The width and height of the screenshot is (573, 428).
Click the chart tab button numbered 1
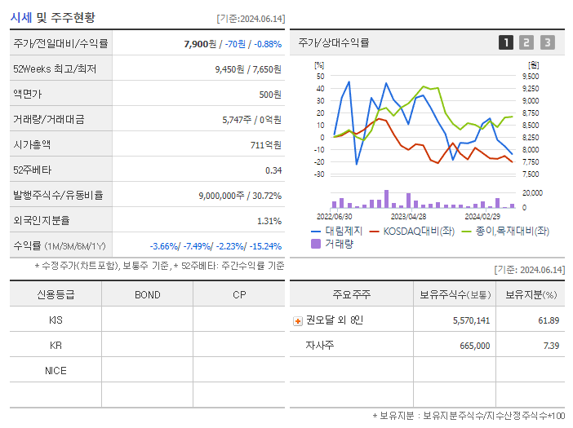coord(506,42)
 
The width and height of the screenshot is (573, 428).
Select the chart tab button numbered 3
coord(547,42)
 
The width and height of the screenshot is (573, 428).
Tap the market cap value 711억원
coord(266,144)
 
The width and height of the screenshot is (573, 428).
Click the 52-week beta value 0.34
coord(273,170)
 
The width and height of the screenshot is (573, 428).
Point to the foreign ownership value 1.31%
coord(269,220)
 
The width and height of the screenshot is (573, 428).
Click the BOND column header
coord(147,295)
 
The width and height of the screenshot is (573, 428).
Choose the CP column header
coord(238,295)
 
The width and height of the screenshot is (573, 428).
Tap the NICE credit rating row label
coord(56,370)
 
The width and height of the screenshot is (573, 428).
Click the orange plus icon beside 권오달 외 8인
coord(297,320)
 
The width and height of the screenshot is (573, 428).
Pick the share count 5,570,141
coord(471,320)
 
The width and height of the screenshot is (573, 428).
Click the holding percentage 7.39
coord(550,346)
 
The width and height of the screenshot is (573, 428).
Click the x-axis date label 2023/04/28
coord(408,217)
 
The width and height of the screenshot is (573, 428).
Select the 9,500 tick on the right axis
coord(530,76)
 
